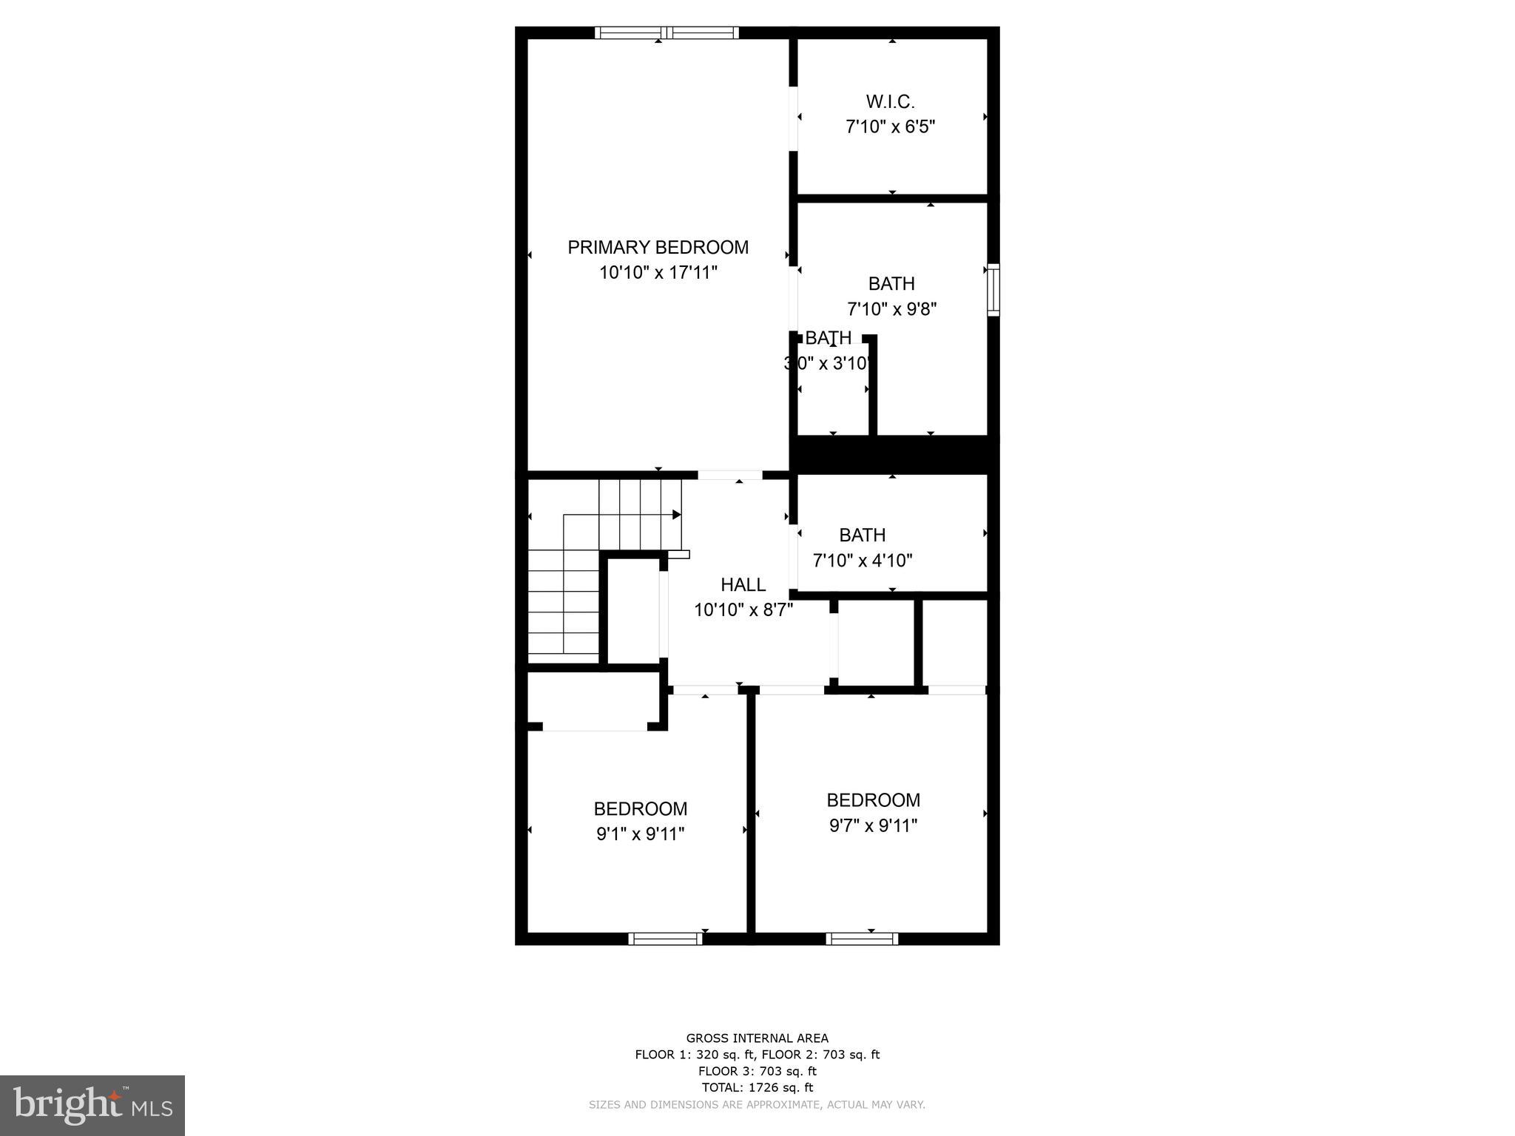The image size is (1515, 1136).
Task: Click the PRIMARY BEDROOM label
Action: (658, 247)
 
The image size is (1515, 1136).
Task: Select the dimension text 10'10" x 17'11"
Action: (658, 273)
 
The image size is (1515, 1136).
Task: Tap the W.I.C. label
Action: (890, 101)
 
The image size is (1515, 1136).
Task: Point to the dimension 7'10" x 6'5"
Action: (890, 126)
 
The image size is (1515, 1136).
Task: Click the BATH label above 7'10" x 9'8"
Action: (891, 284)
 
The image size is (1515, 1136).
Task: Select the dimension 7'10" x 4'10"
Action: (863, 561)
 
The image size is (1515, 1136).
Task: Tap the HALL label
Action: (743, 585)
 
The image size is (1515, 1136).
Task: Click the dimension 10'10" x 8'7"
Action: (743, 610)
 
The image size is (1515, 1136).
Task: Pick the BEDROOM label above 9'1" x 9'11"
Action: (640, 808)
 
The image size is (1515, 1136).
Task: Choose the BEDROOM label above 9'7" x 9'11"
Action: (873, 800)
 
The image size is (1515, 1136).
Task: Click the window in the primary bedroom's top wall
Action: (667, 33)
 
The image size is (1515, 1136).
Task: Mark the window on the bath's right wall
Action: (993, 290)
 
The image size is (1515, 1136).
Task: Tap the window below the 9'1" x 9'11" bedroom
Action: (665, 939)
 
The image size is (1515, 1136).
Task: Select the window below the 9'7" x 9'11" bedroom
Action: (862, 939)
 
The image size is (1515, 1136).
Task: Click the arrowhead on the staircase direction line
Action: (676, 514)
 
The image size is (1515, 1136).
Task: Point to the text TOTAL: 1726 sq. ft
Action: (757, 1087)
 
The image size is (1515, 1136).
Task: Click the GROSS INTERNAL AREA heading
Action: (757, 1038)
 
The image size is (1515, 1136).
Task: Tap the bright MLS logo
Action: (92, 1105)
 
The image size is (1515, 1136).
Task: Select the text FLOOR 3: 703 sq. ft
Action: (757, 1071)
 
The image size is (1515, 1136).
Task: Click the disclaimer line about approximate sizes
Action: (757, 1105)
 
